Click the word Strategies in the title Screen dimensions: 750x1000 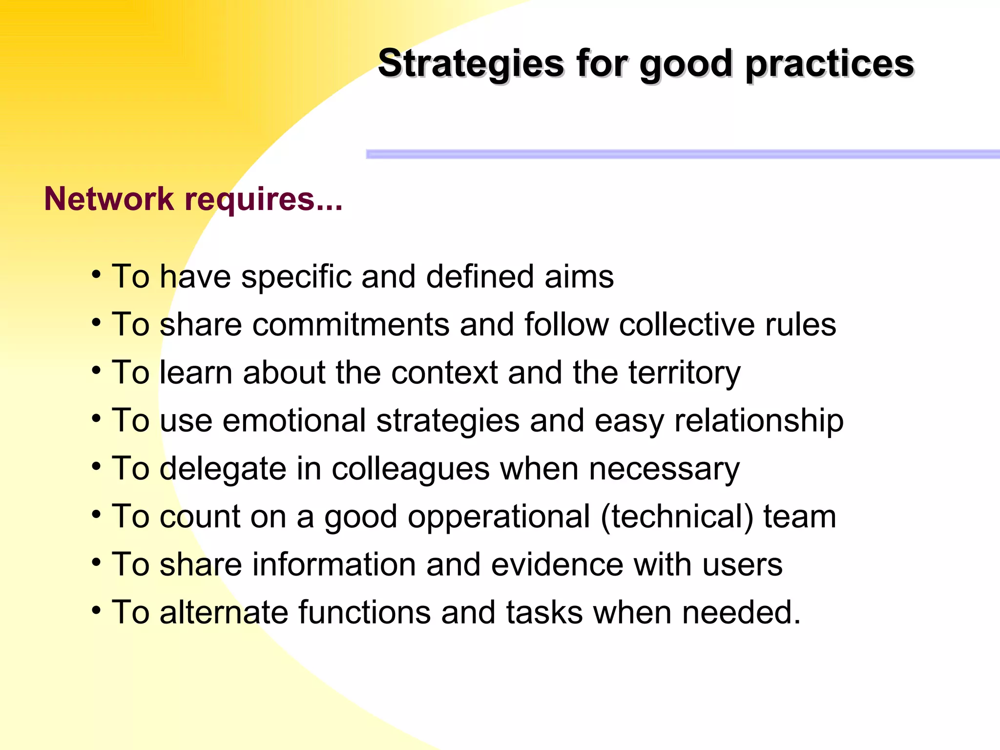coord(471,63)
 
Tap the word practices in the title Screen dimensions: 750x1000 coord(830,63)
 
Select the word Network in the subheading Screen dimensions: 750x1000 coord(109,199)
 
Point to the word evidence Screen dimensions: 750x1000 coord(557,565)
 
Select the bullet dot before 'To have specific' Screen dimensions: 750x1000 coord(96,274)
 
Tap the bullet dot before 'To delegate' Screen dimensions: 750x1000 coord(96,466)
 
